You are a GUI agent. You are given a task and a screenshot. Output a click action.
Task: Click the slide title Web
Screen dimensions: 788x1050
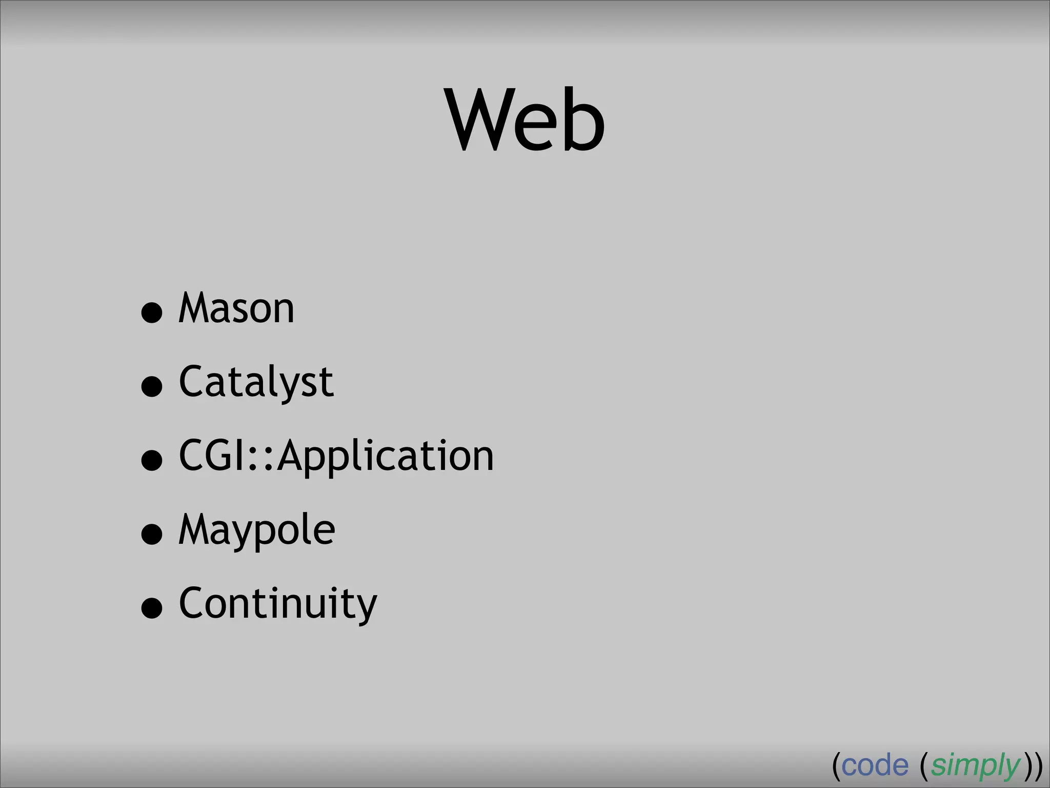[x=526, y=120]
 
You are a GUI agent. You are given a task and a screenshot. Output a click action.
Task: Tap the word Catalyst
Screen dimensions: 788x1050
[x=256, y=382]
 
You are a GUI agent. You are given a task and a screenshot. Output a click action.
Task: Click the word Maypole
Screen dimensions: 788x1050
[x=256, y=529]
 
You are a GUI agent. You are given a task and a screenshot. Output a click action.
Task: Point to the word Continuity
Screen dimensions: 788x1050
[x=277, y=603]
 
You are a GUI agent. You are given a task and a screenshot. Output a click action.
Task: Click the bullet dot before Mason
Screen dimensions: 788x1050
[x=152, y=312]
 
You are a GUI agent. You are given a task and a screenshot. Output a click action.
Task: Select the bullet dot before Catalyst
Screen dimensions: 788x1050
[x=152, y=386]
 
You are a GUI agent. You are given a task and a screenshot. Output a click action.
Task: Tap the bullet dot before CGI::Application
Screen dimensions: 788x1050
[x=152, y=460]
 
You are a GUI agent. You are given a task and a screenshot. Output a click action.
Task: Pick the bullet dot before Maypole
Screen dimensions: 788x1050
[x=152, y=534]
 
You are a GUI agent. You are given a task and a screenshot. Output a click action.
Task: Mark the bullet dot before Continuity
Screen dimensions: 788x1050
[x=152, y=608]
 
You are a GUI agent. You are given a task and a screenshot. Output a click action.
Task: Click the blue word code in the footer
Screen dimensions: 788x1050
[x=875, y=765]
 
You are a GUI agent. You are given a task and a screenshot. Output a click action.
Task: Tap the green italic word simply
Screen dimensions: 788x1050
[x=975, y=766]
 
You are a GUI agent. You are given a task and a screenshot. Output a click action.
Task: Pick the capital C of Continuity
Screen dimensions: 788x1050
[x=192, y=603]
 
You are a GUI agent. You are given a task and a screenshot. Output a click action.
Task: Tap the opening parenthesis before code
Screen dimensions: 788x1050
[x=836, y=766]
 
